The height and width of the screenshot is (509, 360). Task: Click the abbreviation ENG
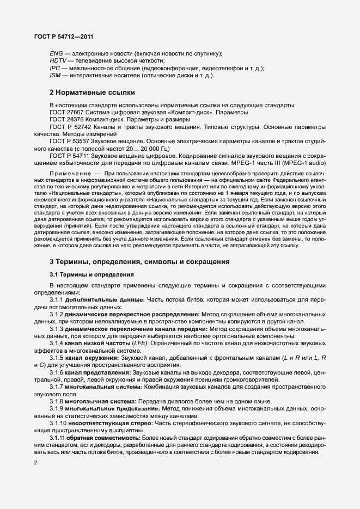56,53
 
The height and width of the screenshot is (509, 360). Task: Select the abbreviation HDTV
58,61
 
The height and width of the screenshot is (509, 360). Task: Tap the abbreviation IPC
55,68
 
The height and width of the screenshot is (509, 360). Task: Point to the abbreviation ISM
56,75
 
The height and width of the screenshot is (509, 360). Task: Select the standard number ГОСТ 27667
66,112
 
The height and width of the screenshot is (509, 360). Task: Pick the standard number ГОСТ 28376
66,119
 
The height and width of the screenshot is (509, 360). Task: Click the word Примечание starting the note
68,173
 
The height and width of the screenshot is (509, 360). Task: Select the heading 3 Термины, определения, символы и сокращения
139,262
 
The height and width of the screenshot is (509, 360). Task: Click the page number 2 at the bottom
35,463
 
